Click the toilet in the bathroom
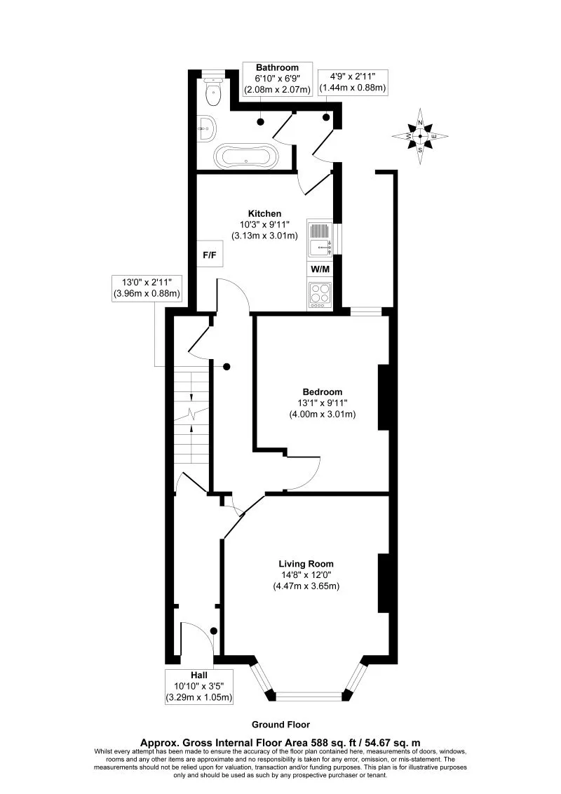click(212, 89)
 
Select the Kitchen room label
click(264, 213)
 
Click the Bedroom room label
click(322, 391)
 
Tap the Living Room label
click(306, 563)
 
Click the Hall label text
click(198, 675)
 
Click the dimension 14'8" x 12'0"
click(306, 574)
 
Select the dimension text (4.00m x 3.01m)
click(322, 414)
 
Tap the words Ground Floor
click(280, 725)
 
